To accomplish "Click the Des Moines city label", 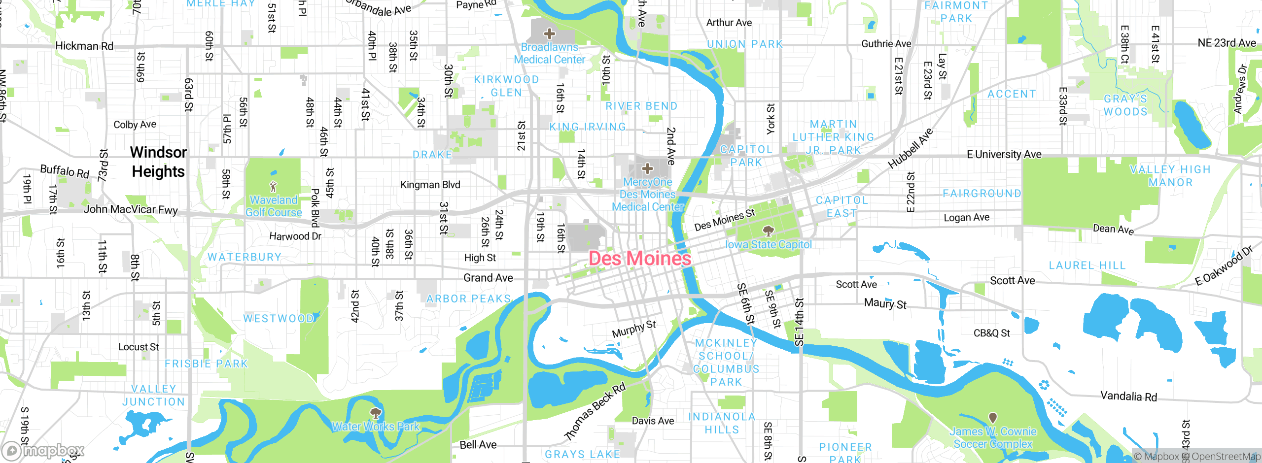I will (x=639, y=258).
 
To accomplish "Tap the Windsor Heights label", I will (x=158, y=162).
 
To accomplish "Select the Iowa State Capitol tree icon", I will (x=768, y=231).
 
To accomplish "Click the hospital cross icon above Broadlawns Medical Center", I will (x=549, y=33).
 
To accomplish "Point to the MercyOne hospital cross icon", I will (x=647, y=169).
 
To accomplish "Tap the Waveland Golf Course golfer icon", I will (x=274, y=187).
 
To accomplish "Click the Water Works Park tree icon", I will (x=376, y=413).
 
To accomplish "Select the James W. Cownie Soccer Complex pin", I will (x=993, y=418).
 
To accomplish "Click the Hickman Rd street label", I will (x=84, y=46).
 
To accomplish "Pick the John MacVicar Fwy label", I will (x=131, y=209).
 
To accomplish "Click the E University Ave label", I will (x=1004, y=154).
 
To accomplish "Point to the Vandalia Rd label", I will (x=1128, y=396).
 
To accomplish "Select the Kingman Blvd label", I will (x=430, y=185).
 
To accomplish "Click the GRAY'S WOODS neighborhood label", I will (x=1125, y=105).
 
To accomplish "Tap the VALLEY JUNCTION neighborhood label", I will (x=154, y=396).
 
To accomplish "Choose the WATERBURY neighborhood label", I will (x=245, y=257).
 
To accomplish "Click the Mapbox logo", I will (x=43, y=450).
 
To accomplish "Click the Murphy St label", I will (x=633, y=329).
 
